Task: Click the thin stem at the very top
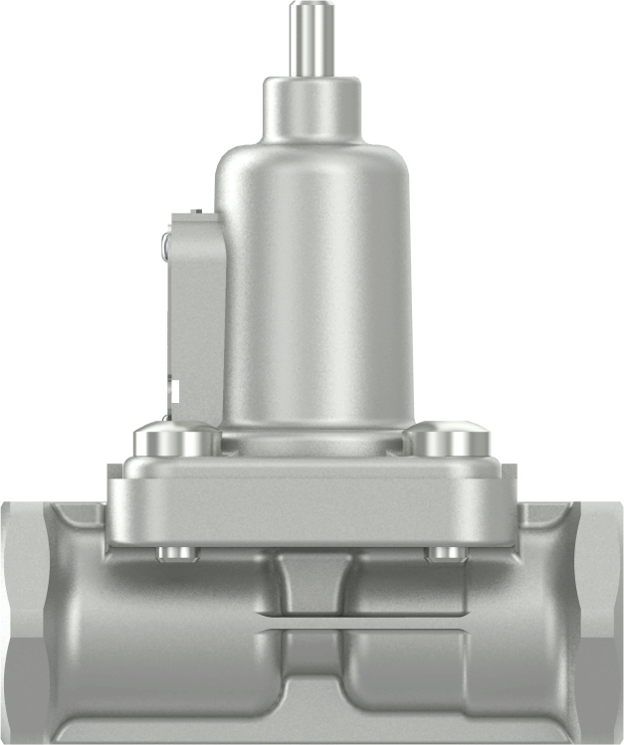[312, 40]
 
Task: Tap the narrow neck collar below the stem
[312, 107]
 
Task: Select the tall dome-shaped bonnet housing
[313, 288]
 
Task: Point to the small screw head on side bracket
[165, 244]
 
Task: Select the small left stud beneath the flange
[176, 553]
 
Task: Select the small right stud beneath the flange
[445, 553]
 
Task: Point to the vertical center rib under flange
[312, 582]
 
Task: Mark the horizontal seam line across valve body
[312, 628]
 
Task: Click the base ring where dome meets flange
[312, 438]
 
